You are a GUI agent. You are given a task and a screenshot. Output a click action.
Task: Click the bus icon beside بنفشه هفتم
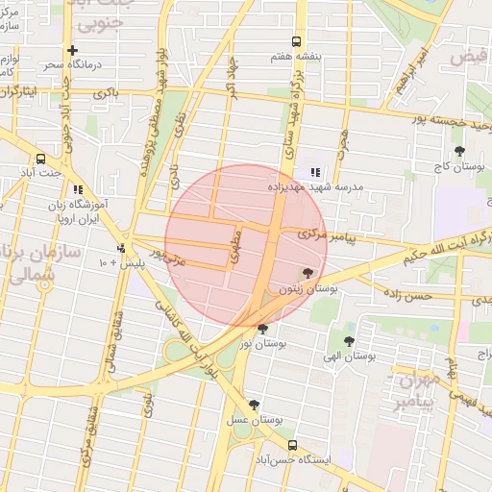pyautogui.click(x=295, y=41)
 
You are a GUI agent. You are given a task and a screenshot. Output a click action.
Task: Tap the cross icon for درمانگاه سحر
pyautogui.click(x=73, y=50)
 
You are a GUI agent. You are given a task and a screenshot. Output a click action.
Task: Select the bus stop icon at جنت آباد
pyautogui.click(x=40, y=159)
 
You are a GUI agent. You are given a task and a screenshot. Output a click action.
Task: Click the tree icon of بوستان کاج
pyautogui.click(x=460, y=151)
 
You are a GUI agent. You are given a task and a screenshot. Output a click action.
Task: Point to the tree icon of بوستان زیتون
pyautogui.click(x=307, y=274)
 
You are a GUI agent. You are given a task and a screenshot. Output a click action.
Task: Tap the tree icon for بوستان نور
pyautogui.click(x=262, y=329)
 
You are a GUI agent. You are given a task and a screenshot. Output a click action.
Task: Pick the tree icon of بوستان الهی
pyautogui.click(x=349, y=340)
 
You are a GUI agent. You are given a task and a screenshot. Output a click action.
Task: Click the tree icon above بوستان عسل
pyautogui.click(x=254, y=405)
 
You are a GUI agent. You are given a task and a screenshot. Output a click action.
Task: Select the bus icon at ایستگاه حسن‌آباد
pyautogui.click(x=292, y=445)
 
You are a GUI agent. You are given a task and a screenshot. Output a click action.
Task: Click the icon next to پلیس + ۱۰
pyautogui.click(x=120, y=248)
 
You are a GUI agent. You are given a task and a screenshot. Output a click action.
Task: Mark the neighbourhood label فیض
pyautogui.click(x=470, y=57)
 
